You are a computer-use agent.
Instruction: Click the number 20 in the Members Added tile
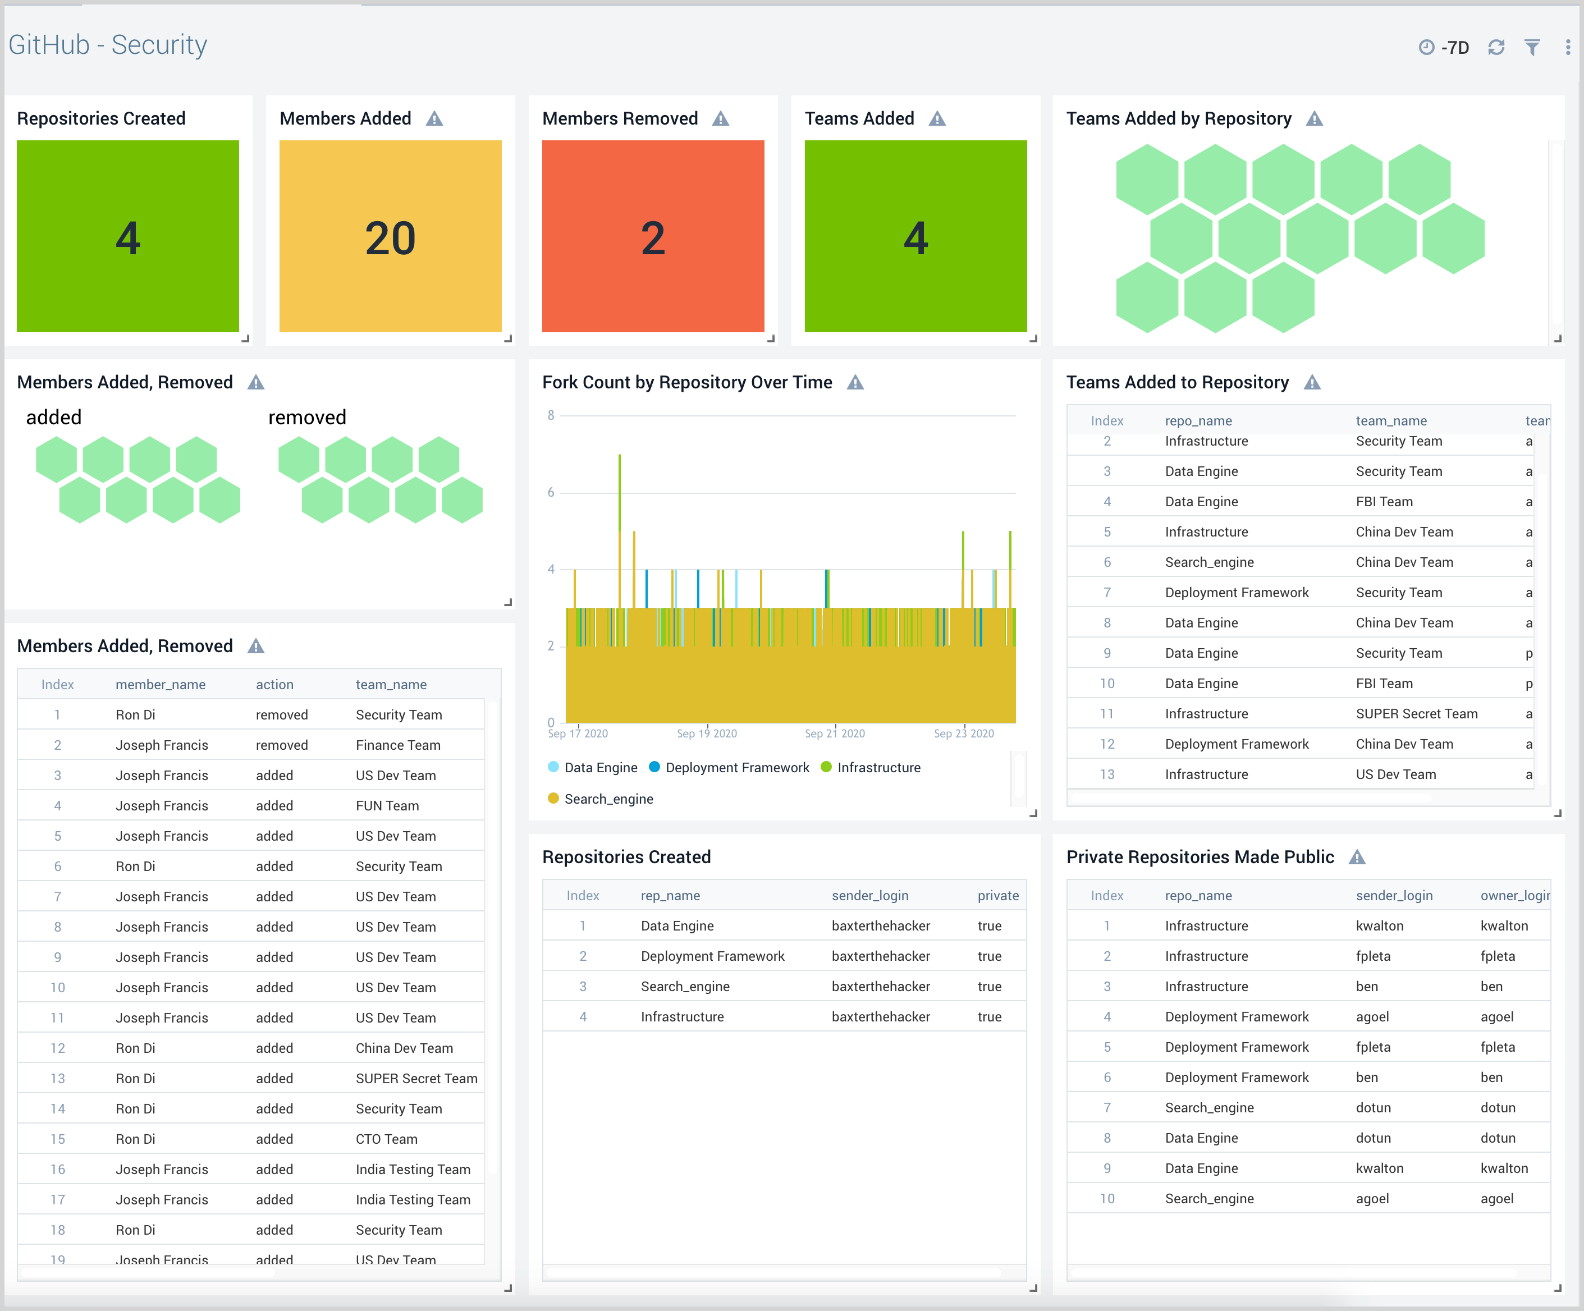coord(390,239)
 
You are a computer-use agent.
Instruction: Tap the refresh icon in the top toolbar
coord(1496,48)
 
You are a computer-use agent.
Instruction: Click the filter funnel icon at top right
coord(1532,48)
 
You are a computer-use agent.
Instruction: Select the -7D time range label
coord(1454,48)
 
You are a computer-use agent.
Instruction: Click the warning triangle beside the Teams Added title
coord(937,119)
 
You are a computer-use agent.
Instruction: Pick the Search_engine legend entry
coord(608,799)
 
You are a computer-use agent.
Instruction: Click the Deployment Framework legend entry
coord(736,767)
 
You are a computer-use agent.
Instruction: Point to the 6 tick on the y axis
coord(551,493)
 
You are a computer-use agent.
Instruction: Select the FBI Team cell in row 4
coord(1384,502)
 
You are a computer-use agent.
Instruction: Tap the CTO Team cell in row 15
coord(386,1139)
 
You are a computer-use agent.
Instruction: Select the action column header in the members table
coord(274,684)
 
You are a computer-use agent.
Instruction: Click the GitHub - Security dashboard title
coord(108,45)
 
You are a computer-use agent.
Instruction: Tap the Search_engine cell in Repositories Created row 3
coord(685,987)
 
